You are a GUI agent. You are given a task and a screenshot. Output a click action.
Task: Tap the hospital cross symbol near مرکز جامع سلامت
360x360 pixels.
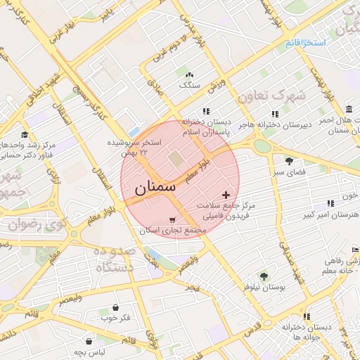226,194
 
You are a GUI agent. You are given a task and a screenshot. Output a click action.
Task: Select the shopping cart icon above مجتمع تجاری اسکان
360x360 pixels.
173,220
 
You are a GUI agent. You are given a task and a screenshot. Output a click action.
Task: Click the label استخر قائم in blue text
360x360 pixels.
306,44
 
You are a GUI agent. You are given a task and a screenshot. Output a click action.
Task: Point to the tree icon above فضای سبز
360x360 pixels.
289,161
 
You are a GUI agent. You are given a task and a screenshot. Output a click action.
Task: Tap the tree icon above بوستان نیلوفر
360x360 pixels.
264,276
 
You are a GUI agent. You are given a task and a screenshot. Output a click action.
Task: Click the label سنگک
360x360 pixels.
190,84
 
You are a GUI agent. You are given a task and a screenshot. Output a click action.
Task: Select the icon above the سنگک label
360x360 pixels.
189,75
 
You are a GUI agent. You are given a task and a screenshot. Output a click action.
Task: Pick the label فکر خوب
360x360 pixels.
115,318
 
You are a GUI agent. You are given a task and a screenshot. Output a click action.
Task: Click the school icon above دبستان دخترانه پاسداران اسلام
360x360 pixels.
206,111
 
